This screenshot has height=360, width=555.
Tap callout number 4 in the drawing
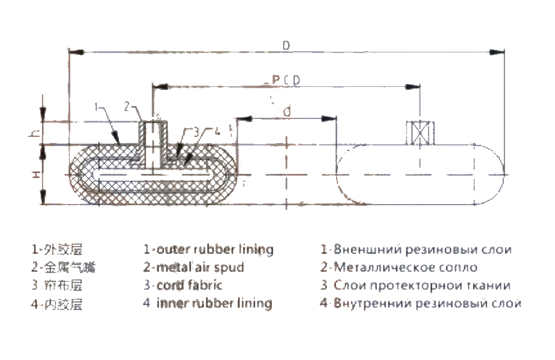coord(217,131)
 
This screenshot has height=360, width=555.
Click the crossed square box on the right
coord(419,134)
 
